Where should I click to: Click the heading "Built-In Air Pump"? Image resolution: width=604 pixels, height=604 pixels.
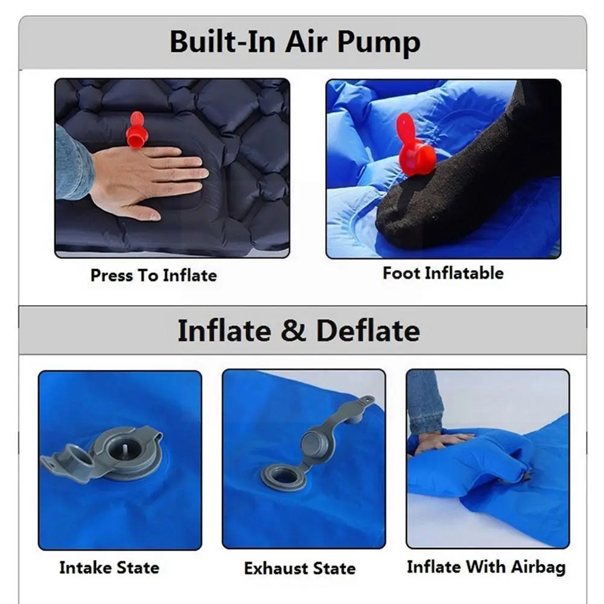pos(294,42)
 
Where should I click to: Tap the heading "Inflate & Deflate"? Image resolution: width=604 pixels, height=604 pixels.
pos(298,331)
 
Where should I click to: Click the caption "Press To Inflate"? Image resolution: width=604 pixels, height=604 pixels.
pos(153,276)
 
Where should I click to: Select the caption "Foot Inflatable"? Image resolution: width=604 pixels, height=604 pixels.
pos(443,273)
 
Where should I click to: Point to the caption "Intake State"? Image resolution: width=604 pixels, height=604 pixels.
pos(109,568)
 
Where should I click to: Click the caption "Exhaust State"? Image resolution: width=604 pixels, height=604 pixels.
pos(300,568)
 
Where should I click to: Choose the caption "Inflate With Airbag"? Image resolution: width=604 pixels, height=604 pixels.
pos(486,567)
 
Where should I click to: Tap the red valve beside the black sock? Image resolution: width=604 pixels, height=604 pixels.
pos(416,148)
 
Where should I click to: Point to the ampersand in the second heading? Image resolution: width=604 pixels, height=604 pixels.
pos(293,331)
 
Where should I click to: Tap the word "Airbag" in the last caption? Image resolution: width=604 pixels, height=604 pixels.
pos(538,567)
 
